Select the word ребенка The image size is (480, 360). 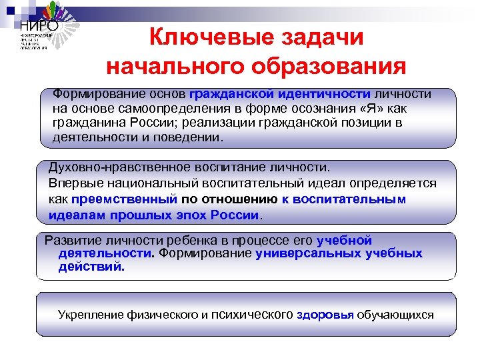pos(181,241)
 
